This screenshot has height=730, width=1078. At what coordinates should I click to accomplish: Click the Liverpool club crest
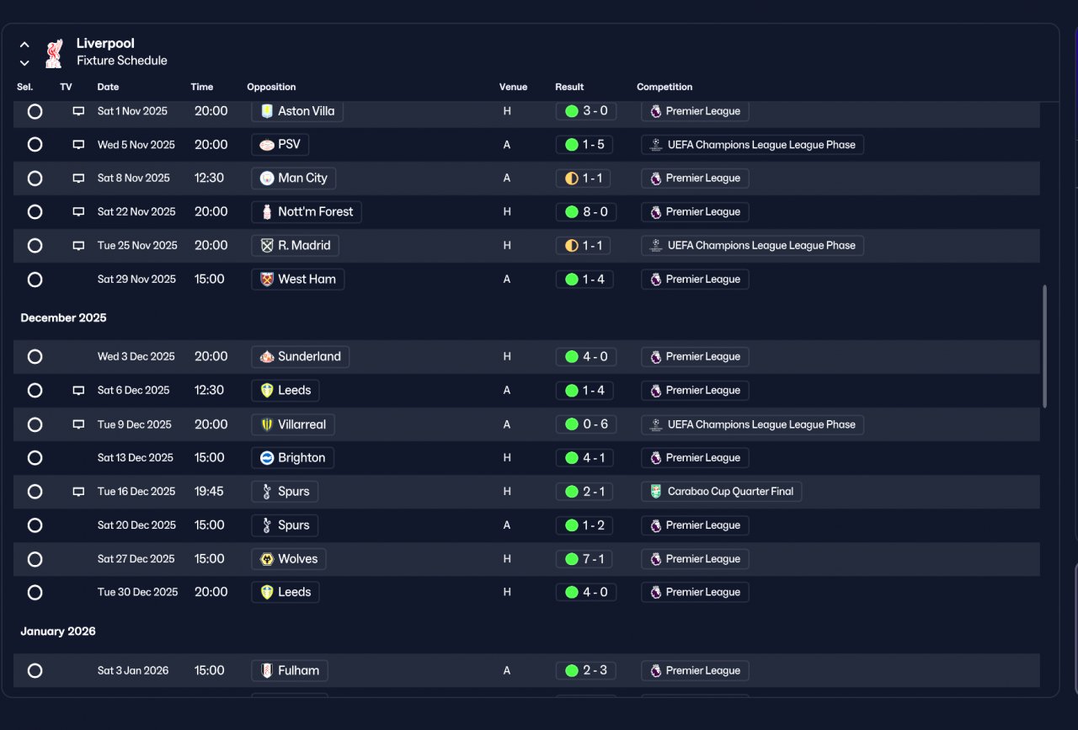tap(54, 53)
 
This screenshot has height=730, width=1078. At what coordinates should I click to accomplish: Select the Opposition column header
tap(271, 87)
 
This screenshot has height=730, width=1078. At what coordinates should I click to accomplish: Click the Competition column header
tap(664, 87)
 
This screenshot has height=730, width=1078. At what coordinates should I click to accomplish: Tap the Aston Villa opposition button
tap(297, 111)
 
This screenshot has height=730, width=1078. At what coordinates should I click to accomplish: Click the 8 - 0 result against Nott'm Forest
tap(585, 211)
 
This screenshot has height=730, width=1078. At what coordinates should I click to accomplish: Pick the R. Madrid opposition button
tap(295, 245)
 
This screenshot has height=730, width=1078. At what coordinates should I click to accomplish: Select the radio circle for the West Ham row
tap(35, 280)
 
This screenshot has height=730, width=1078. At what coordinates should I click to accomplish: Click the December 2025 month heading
tap(63, 318)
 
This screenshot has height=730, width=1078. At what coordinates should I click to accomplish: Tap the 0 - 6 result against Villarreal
tap(585, 424)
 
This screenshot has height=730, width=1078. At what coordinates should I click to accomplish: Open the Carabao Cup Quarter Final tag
tap(722, 492)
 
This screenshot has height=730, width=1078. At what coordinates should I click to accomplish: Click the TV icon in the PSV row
tap(78, 145)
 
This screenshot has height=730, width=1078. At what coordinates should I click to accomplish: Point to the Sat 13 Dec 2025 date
tap(136, 458)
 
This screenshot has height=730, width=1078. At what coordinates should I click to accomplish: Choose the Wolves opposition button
tap(289, 559)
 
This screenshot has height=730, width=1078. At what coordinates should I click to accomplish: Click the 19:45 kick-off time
tap(209, 492)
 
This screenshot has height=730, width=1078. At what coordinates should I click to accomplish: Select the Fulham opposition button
tap(290, 671)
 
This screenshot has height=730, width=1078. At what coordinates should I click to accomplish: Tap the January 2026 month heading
tap(58, 631)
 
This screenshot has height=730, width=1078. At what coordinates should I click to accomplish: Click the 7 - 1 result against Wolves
tap(584, 559)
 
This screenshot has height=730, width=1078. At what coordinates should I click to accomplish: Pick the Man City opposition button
tap(294, 178)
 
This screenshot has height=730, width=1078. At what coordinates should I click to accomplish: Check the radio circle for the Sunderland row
tap(35, 356)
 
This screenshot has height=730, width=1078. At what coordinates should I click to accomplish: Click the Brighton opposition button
tap(292, 458)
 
